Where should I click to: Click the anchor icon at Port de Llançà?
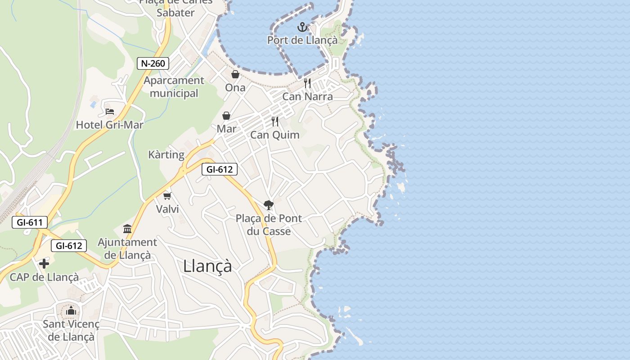coord(302,27)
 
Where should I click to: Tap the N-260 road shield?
coord(153,63)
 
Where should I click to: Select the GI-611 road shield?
coord(30,222)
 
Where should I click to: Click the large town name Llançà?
coord(207,266)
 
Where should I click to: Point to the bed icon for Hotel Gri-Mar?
coord(110,111)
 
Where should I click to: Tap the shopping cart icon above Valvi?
coord(167,196)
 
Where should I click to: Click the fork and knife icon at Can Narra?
coord(308,83)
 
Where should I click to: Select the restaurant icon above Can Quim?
coord(275,121)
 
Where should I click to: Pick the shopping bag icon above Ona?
coord(235,74)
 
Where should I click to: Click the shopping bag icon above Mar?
coord(226,116)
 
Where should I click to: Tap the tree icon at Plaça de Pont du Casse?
coord(269,205)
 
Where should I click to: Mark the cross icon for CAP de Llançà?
coord(44,264)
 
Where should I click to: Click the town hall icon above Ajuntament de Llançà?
coord(127,229)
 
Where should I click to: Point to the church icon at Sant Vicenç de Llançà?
coord(71,310)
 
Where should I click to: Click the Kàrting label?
coord(166,155)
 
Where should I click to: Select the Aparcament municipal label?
coord(174,87)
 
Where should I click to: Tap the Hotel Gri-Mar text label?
coord(109,125)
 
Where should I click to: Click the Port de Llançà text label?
coord(302,40)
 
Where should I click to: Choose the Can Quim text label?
coord(274,135)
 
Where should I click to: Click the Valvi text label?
coord(167,209)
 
